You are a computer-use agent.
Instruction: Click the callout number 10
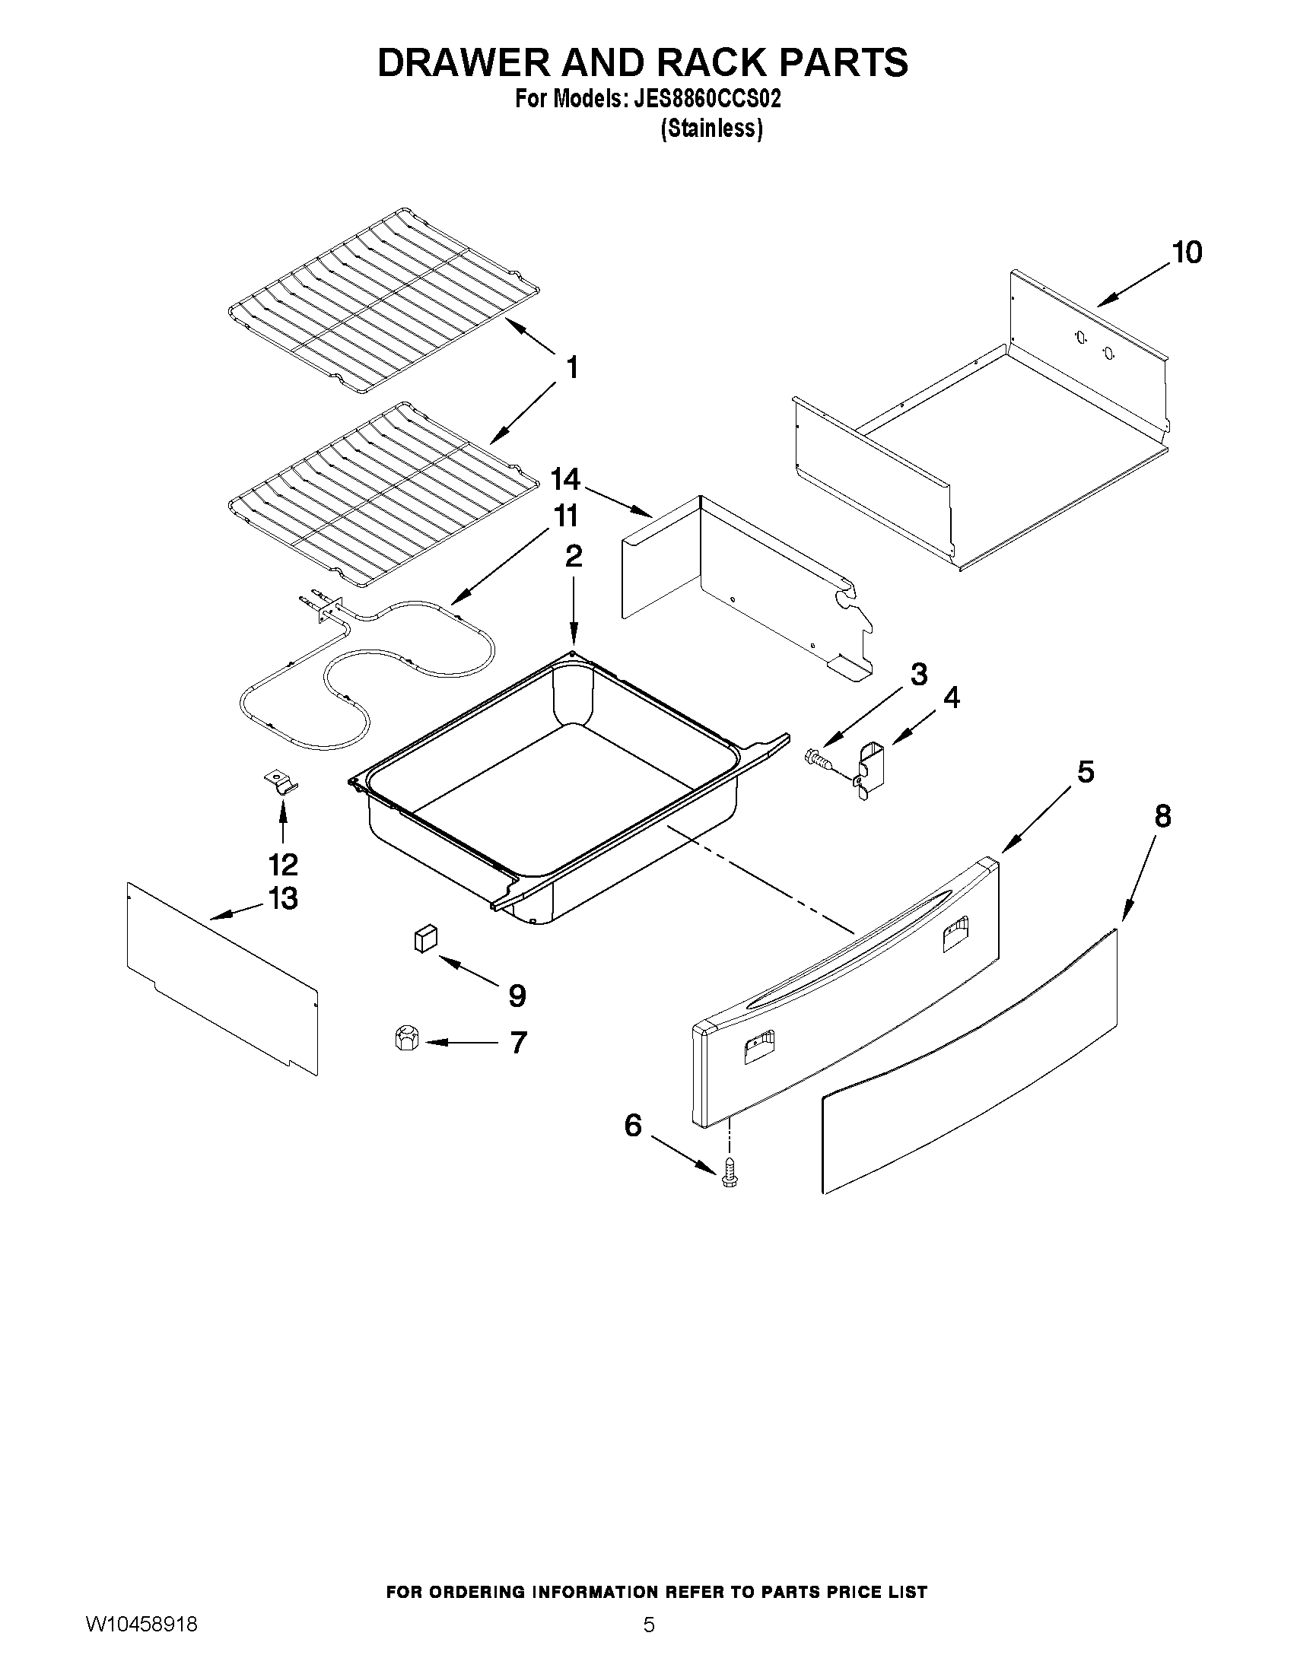click(1187, 253)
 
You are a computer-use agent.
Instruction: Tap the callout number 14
click(566, 480)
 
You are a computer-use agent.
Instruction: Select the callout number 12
click(283, 865)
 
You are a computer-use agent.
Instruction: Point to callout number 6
click(632, 1126)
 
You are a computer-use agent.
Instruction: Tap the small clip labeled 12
click(281, 783)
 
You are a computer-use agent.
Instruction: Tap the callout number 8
click(1162, 817)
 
